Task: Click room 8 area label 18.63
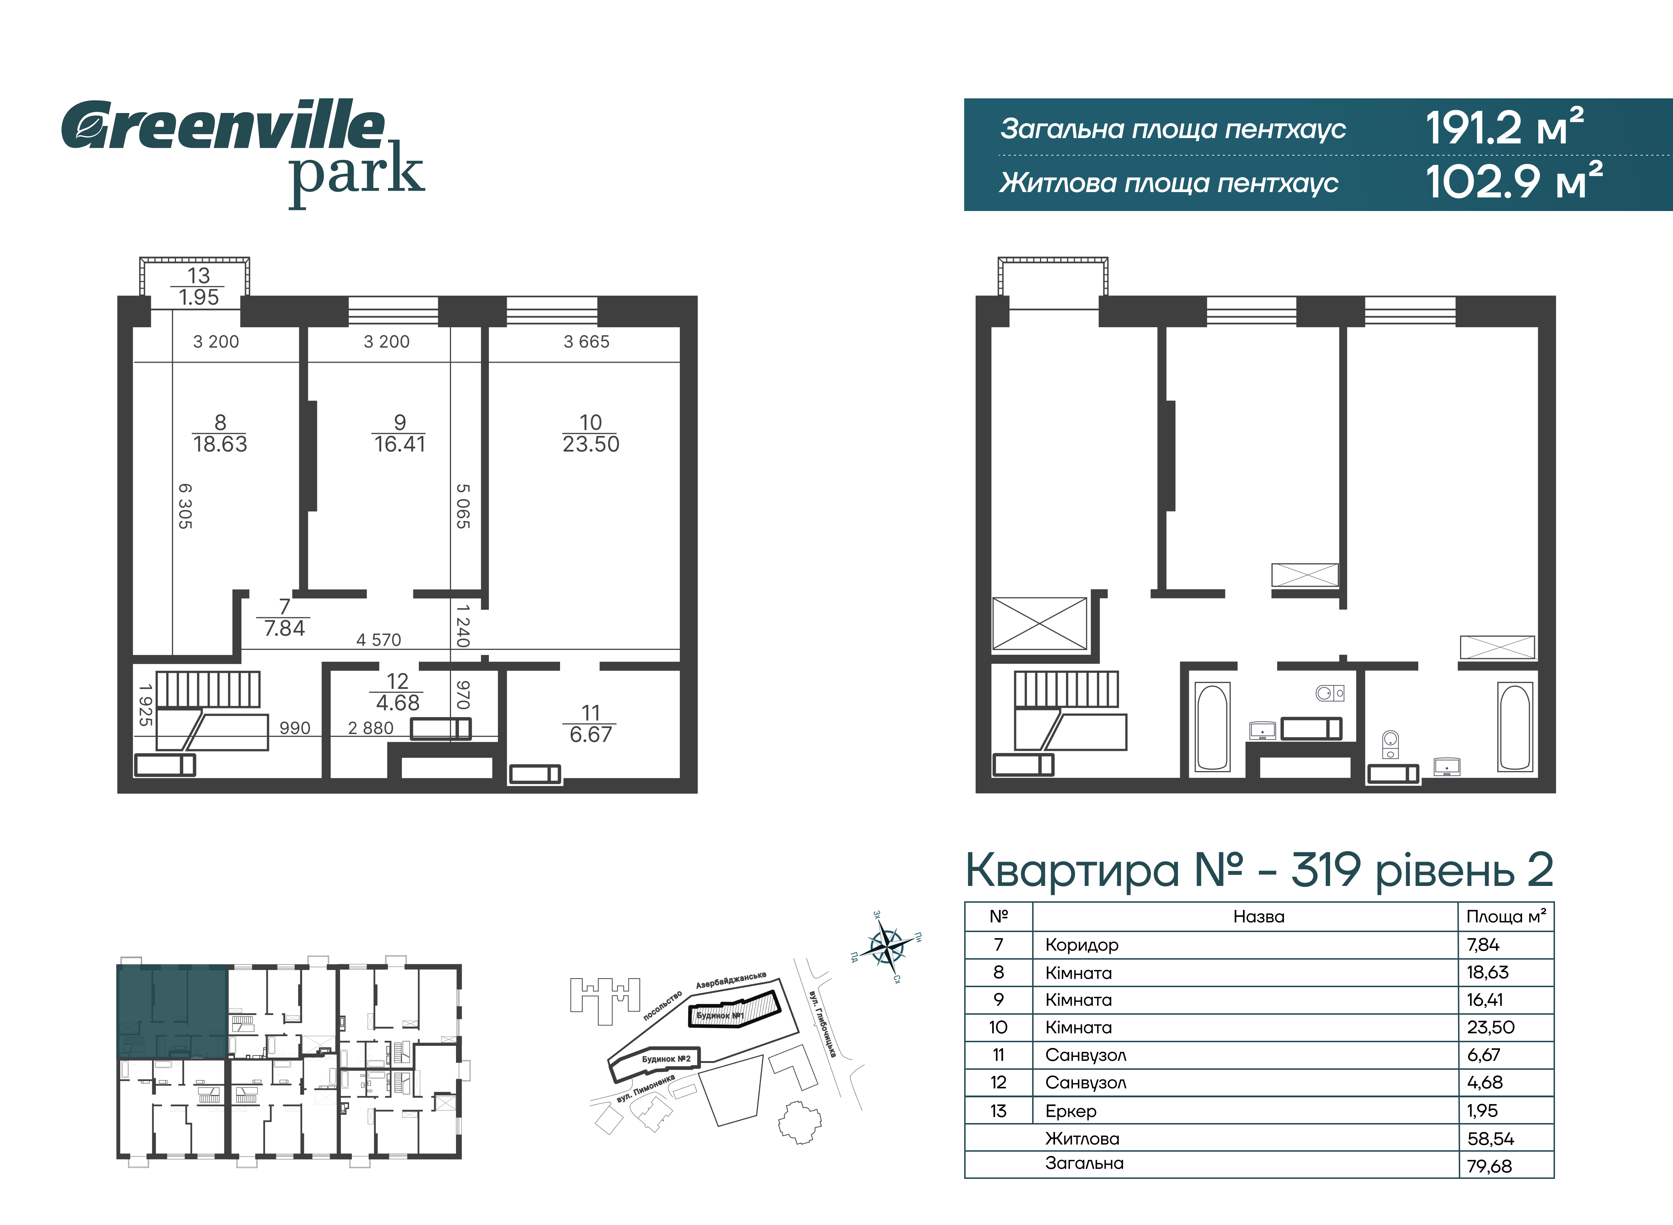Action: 220,444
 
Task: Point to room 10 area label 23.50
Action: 591,444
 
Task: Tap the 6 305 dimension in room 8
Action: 185,506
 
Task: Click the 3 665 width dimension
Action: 586,342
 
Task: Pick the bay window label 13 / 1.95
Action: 198,286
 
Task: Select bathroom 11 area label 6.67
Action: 591,735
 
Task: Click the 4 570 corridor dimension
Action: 379,640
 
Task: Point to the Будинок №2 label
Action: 666,1059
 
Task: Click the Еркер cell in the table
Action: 1070,1111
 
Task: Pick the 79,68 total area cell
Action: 1489,1166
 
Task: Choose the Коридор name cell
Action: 1081,945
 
